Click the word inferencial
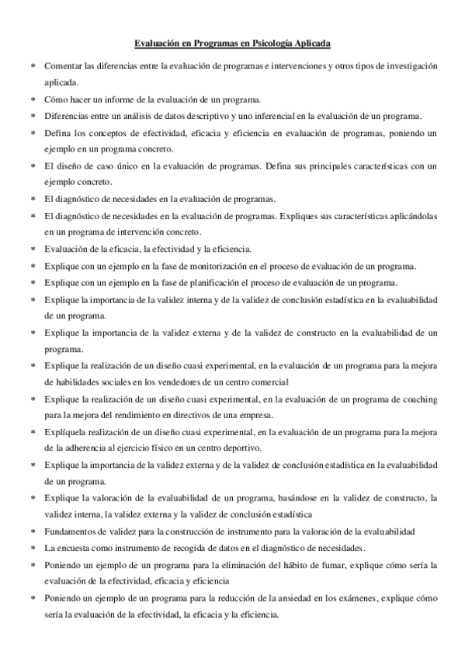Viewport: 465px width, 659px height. coord(253,116)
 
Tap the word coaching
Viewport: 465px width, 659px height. coord(416,399)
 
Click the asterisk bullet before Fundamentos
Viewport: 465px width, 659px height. coord(33,532)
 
